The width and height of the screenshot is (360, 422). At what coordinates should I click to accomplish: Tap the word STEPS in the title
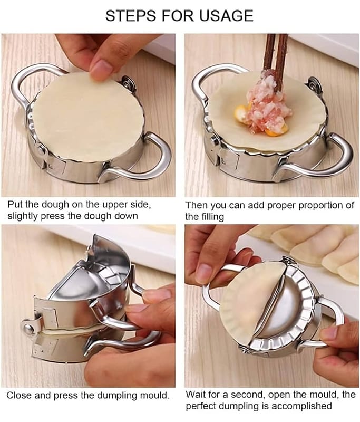click(131, 16)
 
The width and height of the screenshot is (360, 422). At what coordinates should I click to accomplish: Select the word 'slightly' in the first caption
click(23, 216)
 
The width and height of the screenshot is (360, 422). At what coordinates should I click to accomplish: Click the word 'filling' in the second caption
click(212, 217)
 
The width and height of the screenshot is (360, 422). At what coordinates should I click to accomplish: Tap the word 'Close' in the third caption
click(20, 395)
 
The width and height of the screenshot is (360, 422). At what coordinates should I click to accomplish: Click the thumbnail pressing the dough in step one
click(101, 68)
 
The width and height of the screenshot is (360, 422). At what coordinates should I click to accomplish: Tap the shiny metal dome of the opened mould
click(284, 310)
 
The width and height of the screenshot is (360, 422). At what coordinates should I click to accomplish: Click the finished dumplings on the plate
click(309, 247)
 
